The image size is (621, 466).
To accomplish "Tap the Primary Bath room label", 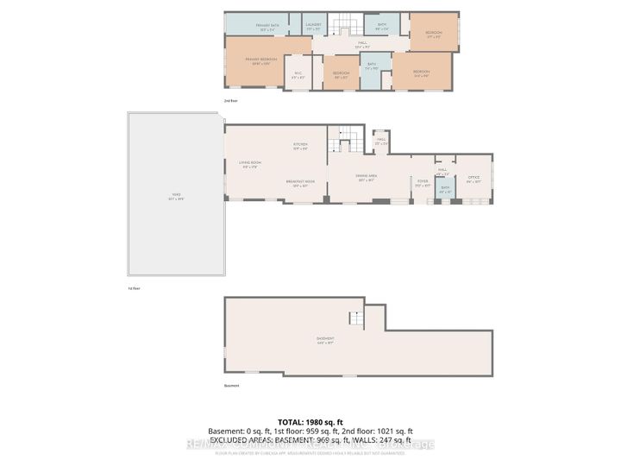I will click(x=264, y=26).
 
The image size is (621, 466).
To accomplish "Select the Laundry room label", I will click(x=313, y=28).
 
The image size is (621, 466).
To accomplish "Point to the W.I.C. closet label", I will click(x=298, y=75).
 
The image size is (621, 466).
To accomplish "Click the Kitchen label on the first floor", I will click(x=300, y=146).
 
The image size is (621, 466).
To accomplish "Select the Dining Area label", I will click(x=367, y=179).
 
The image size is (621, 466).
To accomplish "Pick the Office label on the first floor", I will click(x=474, y=180).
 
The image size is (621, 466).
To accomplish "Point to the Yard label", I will click(x=176, y=198).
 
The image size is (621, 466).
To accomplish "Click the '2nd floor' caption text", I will click(x=230, y=101).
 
